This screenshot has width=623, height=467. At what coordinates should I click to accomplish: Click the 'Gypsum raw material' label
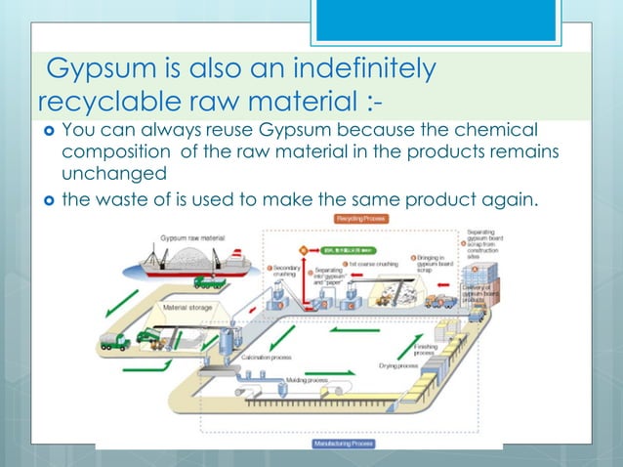193,238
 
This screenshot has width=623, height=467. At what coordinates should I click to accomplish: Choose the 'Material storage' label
189,307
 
